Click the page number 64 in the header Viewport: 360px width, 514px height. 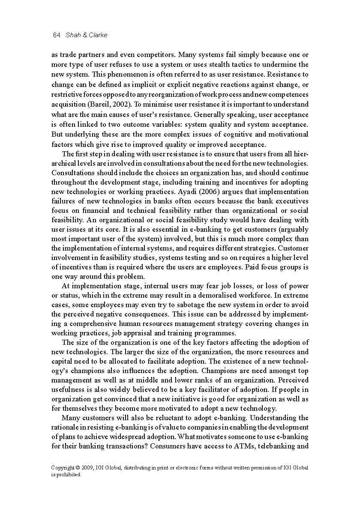pos(56,35)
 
